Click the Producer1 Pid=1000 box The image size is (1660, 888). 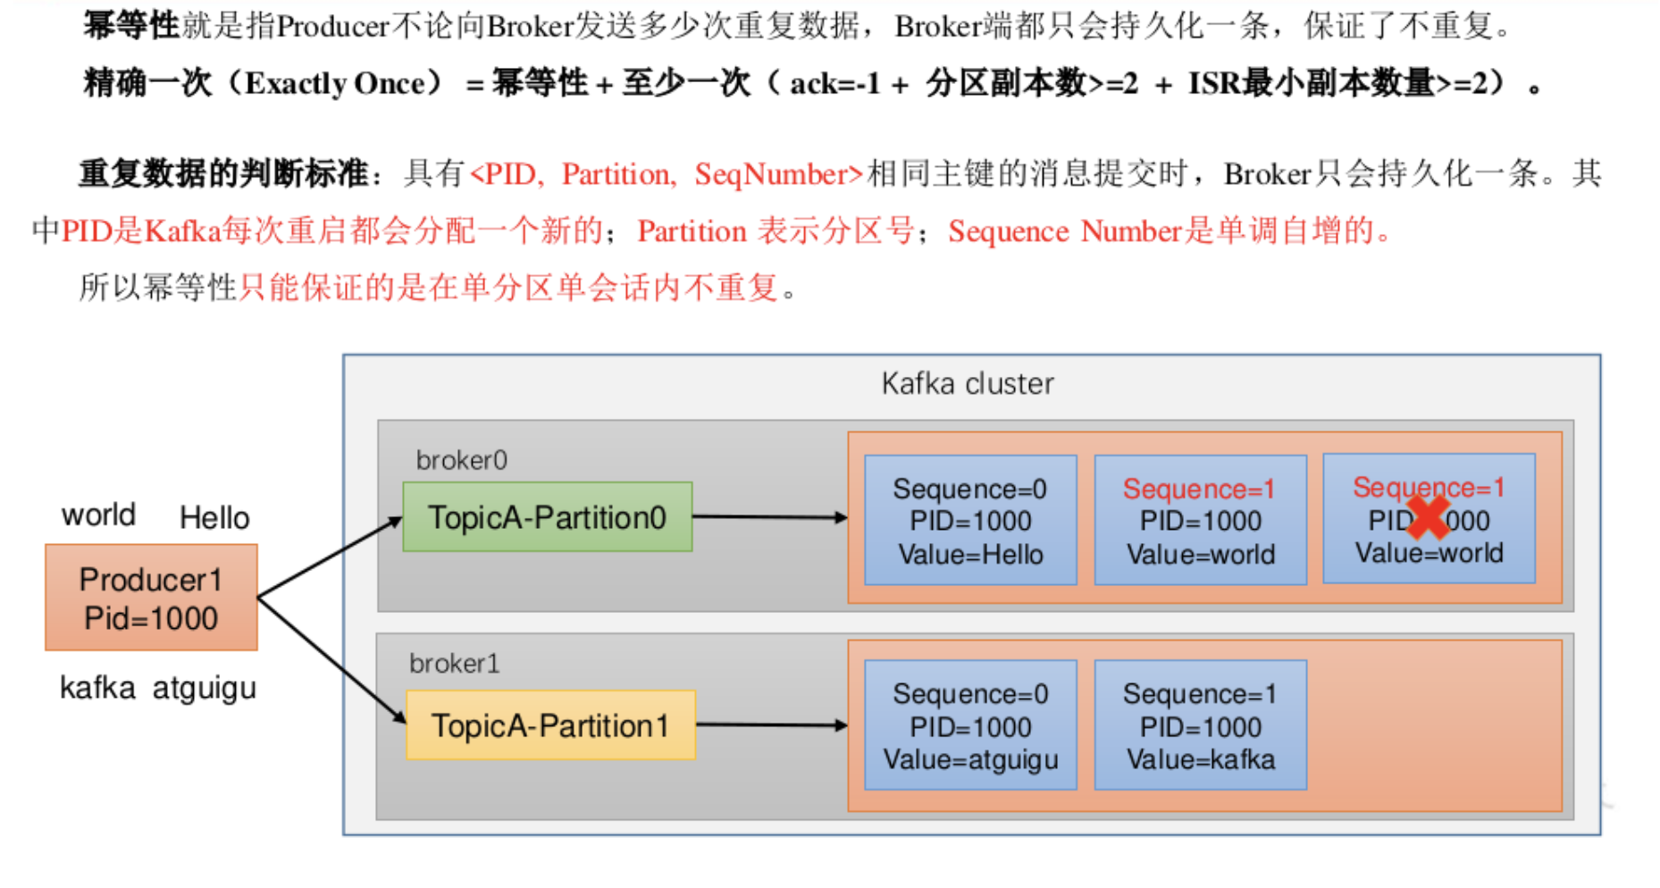pos(151,598)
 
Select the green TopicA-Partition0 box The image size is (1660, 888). pos(548,517)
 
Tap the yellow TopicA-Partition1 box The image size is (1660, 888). pos(550,725)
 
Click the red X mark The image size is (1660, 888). pos(1428,517)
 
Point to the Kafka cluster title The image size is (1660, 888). pos(968,383)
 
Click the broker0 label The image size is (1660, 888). pos(461,460)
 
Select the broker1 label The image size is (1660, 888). pos(454,663)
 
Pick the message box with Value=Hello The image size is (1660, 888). pos(970,521)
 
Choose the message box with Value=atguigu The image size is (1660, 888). pos(970,725)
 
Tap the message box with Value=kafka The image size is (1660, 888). pos(1200,725)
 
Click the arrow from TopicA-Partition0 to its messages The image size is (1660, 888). pos(770,517)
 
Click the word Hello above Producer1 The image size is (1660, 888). pos(214,518)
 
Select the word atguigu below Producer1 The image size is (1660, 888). pos(205,689)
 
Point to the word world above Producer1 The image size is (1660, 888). pos(98,515)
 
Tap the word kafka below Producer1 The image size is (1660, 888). pos(97,688)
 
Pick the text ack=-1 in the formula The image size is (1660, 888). pos(835,84)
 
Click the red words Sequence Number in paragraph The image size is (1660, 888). pos(1065,231)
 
